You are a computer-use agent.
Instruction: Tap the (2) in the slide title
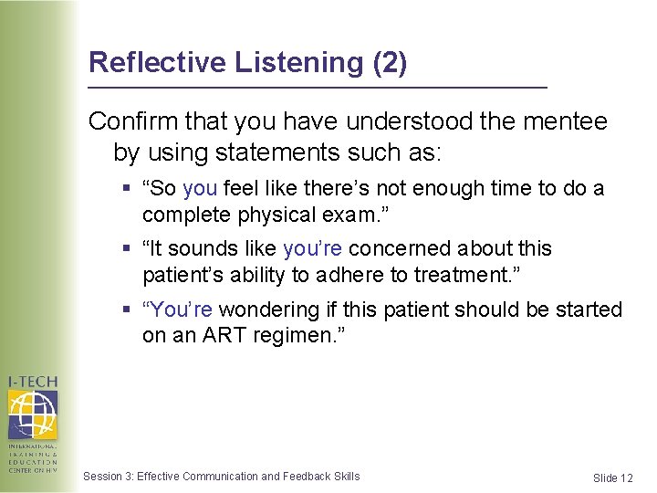[391, 62]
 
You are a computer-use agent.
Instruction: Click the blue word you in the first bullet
[199, 188]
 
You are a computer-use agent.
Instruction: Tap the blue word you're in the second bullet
[312, 248]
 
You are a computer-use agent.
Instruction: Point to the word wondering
[264, 309]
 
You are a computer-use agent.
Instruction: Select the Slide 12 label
[612, 477]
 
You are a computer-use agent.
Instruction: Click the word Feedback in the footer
[308, 476]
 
